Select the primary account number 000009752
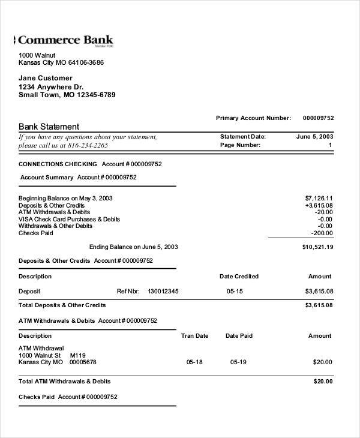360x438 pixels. coord(318,118)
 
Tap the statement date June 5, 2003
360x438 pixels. coord(314,137)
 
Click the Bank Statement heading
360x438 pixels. coord(49,127)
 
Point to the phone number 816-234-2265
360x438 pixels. coord(88,145)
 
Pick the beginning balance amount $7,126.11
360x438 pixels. coord(319,198)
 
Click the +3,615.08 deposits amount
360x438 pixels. coord(319,205)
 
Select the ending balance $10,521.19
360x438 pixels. coord(317,247)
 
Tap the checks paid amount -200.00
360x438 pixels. coord(322,233)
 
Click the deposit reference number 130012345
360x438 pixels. coord(163,291)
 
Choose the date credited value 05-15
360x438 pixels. coord(235,291)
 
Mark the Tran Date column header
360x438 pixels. coord(195,336)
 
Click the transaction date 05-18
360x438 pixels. coord(194,362)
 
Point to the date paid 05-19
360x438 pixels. coord(238,362)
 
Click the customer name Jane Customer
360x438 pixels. coord(46,78)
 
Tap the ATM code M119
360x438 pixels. coord(78,355)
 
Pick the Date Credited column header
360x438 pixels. coord(239,277)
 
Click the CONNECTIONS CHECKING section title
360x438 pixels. coord(58,164)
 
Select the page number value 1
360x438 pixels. coord(330,145)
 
